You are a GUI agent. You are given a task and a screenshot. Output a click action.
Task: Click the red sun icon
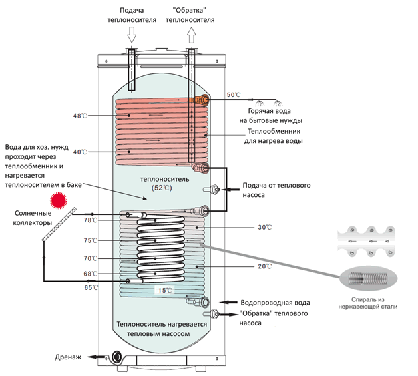pos(62,200)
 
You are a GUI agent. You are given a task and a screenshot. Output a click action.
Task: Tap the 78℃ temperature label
pos(91,220)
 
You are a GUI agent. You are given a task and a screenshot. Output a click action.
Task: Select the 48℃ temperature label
pos(81,116)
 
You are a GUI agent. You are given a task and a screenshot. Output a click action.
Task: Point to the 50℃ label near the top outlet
pos(234,94)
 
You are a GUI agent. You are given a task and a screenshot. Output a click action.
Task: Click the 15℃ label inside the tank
pos(164,291)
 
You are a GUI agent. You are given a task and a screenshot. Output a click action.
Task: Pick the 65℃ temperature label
pos(91,287)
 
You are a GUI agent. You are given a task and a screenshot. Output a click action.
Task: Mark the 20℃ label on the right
pos(264,266)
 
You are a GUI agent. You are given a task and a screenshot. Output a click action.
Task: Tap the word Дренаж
pos(68,357)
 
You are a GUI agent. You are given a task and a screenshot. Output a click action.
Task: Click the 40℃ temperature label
pos(81,152)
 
